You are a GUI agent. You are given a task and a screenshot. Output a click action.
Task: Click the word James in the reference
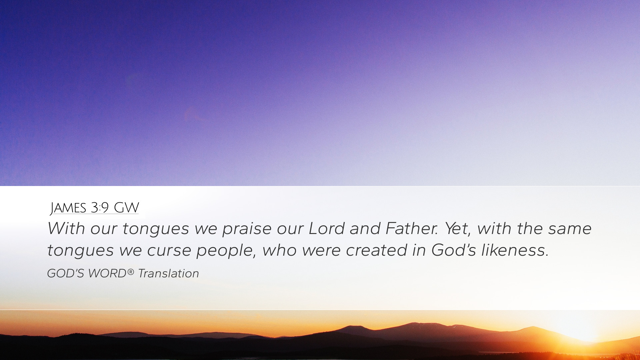[68, 208]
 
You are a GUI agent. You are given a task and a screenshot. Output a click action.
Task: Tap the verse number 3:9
[100, 208]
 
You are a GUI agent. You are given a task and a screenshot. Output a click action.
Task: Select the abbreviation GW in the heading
[126, 208]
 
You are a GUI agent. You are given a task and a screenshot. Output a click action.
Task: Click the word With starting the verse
[66, 228]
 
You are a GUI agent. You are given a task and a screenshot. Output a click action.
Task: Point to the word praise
[247, 229]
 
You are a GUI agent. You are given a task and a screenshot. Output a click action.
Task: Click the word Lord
[326, 228]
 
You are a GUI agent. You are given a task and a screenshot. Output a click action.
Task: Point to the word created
[377, 250]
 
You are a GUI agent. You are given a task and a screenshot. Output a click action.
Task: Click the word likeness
[515, 250]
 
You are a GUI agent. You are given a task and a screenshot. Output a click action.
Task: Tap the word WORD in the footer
[107, 273]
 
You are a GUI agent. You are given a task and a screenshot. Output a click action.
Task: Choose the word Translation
[169, 273]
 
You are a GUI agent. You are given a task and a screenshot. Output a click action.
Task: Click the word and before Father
[365, 228]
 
